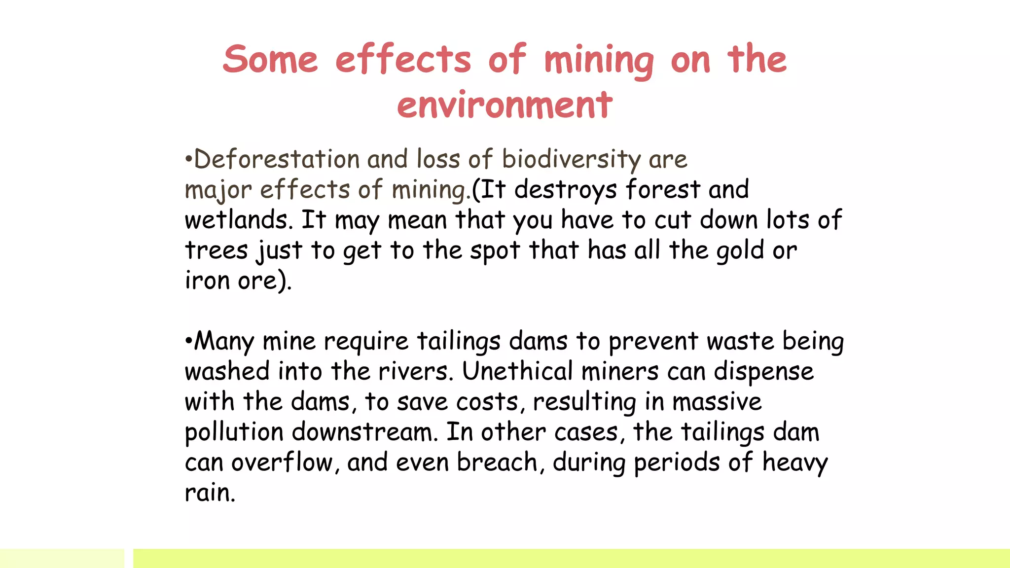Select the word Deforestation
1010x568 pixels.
(x=277, y=159)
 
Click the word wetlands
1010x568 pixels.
(x=239, y=220)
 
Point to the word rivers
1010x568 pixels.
(x=415, y=371)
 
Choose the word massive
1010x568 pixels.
(x=717, y=402)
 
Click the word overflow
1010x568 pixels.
(x=282, y=462)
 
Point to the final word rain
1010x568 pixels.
(x=210, y=493)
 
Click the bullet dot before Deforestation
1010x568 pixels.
(x=188, y=159)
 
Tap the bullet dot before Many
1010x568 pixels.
(x=188, y=341)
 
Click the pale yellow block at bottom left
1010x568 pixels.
(x=62, y=558)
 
